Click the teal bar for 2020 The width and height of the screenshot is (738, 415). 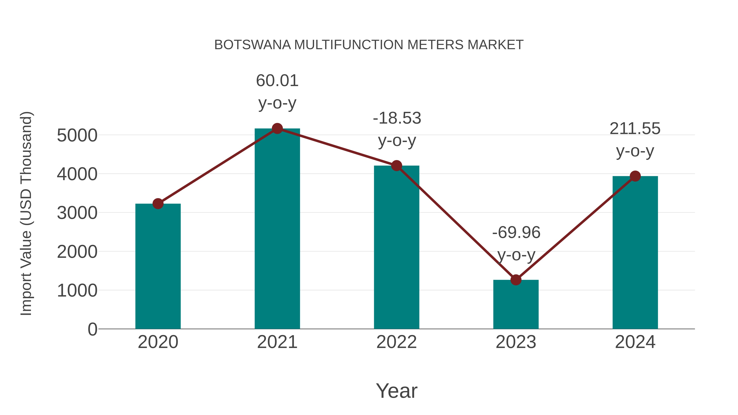pos(158,266)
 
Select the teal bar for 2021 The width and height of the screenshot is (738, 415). pos(277,229)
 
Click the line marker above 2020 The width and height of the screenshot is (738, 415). pos(158,204)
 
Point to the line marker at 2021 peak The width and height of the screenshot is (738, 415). pos(277,128)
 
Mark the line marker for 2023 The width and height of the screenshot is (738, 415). pos(516,280)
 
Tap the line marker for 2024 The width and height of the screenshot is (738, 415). pos(635,176)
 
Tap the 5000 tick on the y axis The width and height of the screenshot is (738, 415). pos(77,135)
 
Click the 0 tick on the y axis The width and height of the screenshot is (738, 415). pos(92,329)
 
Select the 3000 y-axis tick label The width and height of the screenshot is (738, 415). pos(77,213)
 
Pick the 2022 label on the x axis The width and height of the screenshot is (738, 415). pos(396,342)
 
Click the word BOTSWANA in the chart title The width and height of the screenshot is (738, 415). pos(252,45)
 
